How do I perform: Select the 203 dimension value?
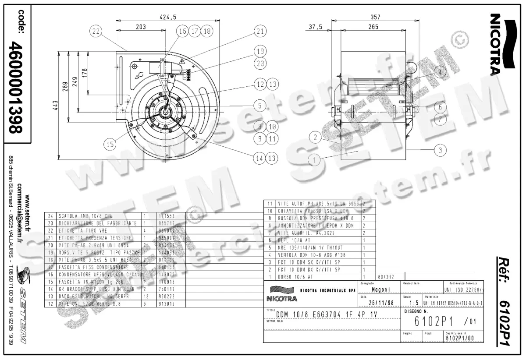(140, 27)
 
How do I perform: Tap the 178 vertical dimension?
(85, 72)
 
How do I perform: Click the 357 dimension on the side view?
(376, 17)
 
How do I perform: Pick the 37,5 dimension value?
(315, 27)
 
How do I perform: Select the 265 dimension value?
(373, 27)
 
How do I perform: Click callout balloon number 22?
(97, 31)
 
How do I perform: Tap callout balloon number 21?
(260, 31)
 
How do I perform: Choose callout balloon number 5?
(260, 106)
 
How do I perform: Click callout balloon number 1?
(314, 160)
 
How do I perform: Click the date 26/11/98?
(379, 303)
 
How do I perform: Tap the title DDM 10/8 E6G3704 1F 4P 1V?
(326, 314)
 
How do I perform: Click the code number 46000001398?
(17, 87)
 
